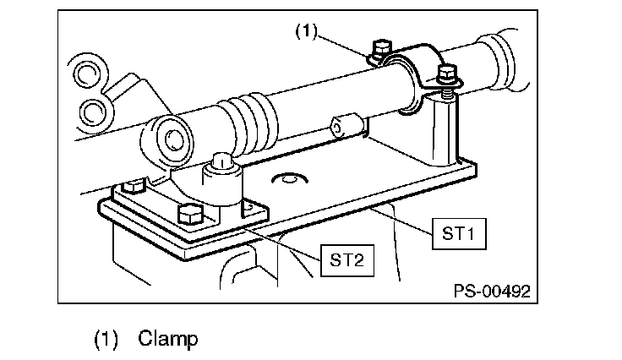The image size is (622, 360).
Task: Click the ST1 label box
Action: [x=459, y=233]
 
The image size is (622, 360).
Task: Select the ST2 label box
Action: [x=347, y=260]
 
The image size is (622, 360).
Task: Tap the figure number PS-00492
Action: [x=492, y=292]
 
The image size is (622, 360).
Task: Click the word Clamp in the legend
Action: [x=167, y=339]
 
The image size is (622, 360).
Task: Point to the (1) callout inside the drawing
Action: [x=307, y=31]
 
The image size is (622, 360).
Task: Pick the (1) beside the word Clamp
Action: [x=106, y=340]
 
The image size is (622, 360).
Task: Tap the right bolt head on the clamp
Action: [x=448, y=74]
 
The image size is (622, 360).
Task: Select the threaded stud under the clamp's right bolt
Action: [x=447, y=93]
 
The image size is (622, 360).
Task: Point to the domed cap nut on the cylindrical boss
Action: [x=221, y=161]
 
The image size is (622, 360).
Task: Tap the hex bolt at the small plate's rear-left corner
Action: [x=134, y=186]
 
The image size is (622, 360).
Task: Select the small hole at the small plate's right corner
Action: [x=248, y=207]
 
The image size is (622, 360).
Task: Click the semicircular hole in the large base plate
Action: [x=290, y=178]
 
